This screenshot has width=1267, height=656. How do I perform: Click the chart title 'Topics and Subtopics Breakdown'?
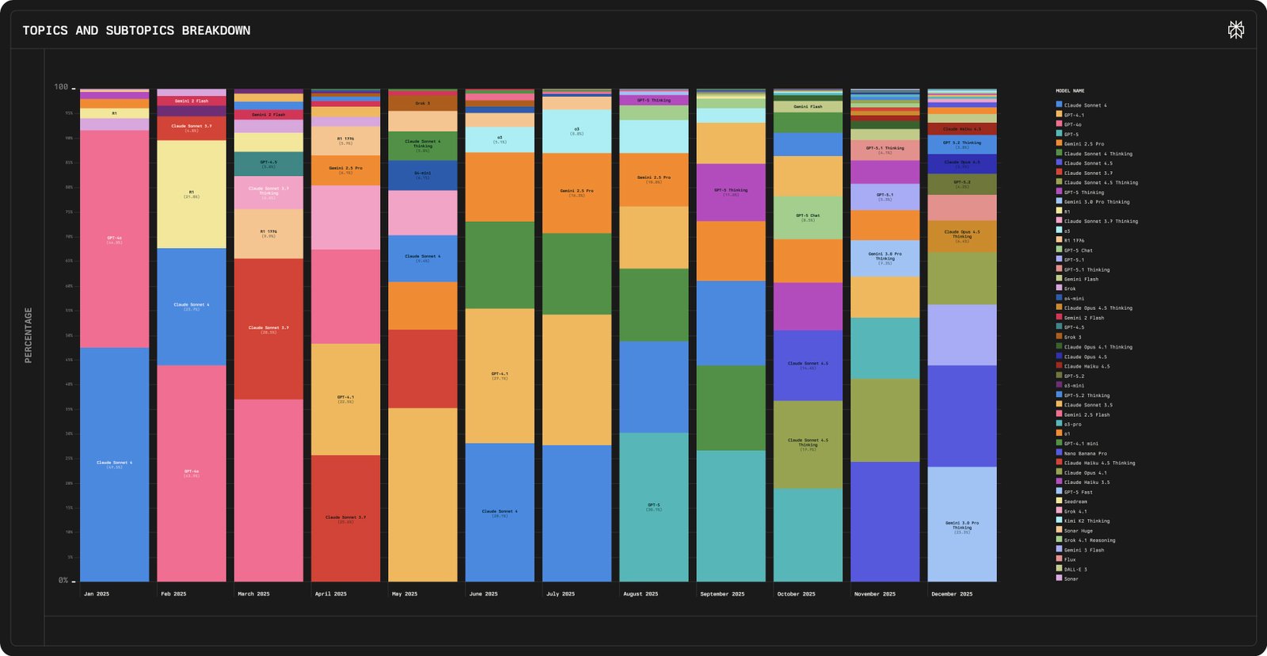(x=136, y=30)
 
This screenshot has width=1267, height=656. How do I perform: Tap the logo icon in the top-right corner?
(x=1235, y=30)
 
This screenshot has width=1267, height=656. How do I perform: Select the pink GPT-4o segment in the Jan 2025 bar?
(x=114, y=238)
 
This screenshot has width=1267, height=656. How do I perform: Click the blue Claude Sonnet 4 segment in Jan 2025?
(x=114, y=464)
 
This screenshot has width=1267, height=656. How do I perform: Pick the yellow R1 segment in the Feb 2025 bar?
(x=191, y=194)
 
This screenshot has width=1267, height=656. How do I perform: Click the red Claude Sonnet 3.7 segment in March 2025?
(x=268, y=329)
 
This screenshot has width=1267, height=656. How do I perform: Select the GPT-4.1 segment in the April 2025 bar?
(x=345, y=399)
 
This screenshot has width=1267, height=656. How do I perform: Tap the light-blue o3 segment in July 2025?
(x=576, y=131)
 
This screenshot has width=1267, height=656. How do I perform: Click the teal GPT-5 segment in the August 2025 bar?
(x=653, y=506)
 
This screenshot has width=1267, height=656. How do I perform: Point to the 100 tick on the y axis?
(x=61, y=87)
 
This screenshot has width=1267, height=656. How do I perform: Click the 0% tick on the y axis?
(x=63, y=581)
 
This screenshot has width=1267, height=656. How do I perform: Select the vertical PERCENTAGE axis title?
(x=29, y=335)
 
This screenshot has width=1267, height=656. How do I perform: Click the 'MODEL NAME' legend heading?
(x=1070, y=91)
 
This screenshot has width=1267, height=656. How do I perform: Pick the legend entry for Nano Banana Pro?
(x=1085, y=453)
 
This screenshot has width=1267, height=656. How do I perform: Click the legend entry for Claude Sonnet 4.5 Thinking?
(x=1100, y=182)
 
